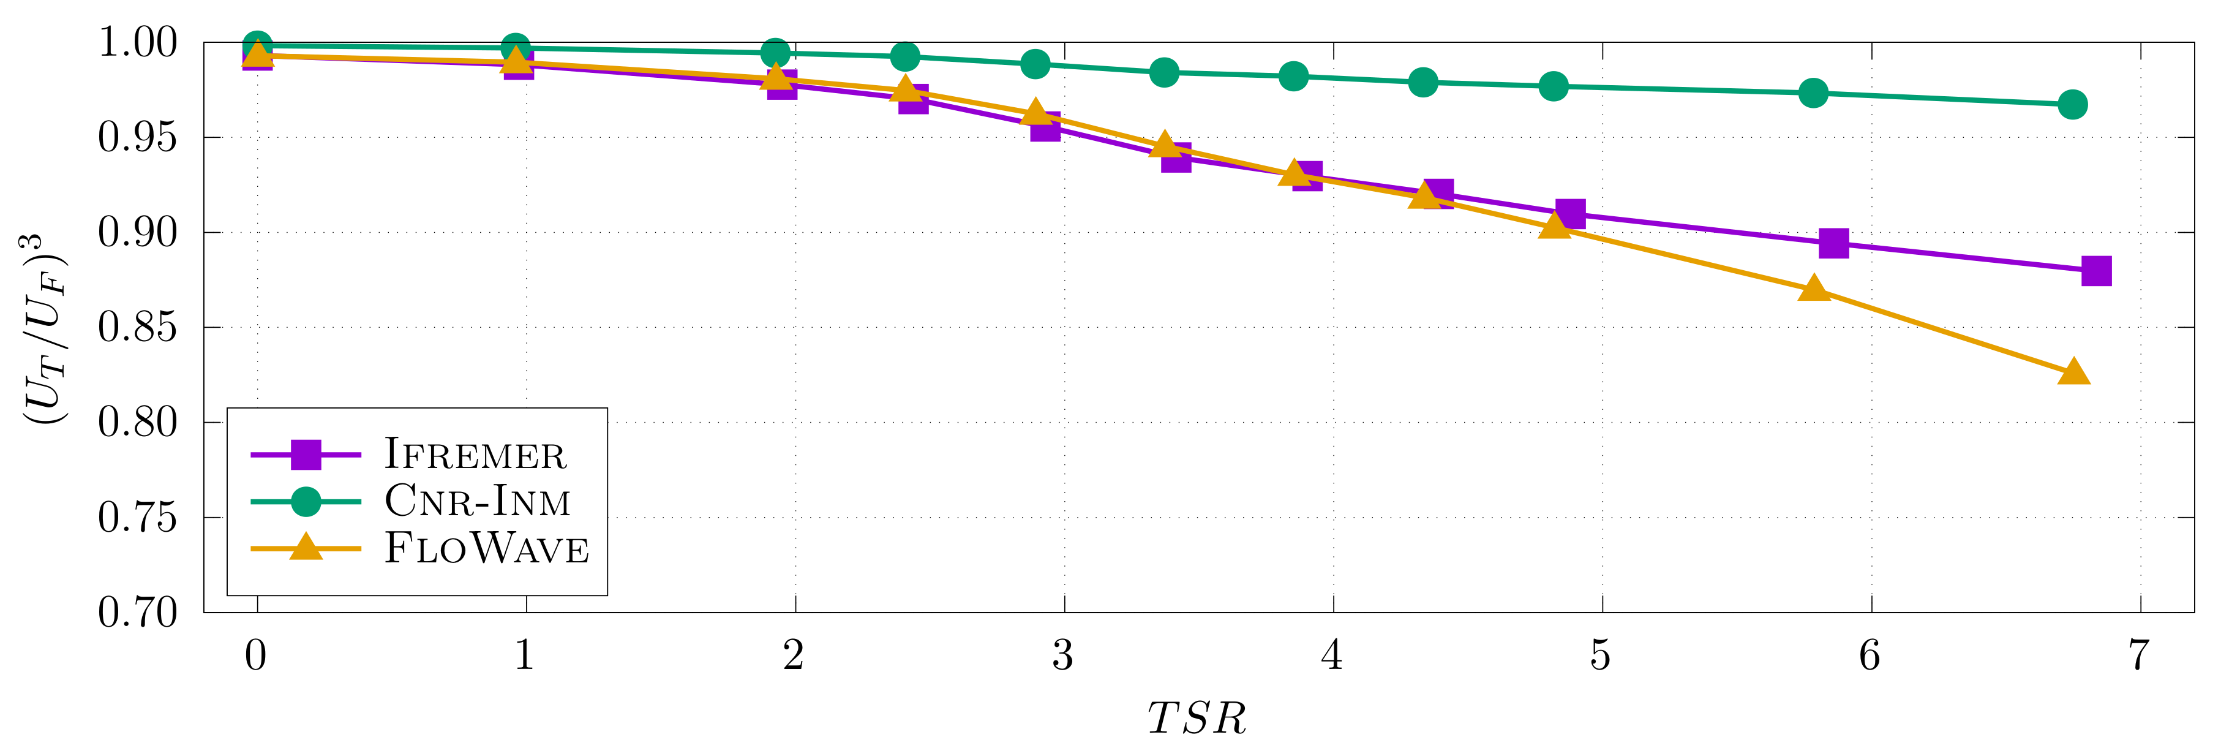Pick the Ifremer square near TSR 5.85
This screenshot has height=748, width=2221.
pyautogui.click(x=1834, y=243)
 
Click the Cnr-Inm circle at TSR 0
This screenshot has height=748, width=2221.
pyautogui.click(x=257, y=46)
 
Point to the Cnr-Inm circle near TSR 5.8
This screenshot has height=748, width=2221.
pyautogui.click(x=1813, y=93)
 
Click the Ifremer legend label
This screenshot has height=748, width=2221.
pyautogui.click(x=475, y=455)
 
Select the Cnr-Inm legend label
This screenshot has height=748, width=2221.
pyautogui.click(x=477, y=501)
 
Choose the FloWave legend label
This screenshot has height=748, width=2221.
pyautogui.click(x=486, y=549)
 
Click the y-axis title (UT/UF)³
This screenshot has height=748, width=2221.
pyautogui.click(x=43, y=328)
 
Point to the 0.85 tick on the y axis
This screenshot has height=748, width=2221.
pyautogui.click(x=137, y=328)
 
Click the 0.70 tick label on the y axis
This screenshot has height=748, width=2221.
pyautogui.click(x=137, y=613)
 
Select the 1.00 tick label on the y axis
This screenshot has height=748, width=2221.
pyautogui.click(x=137, y=42)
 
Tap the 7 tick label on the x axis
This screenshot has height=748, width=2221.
pyautogui.click(x=2139, y=655)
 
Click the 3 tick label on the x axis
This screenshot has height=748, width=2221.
pyautogui.click(x=1063, y=655)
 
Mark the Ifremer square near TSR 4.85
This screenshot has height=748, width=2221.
pyautogui.click(x=1570, y=213)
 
